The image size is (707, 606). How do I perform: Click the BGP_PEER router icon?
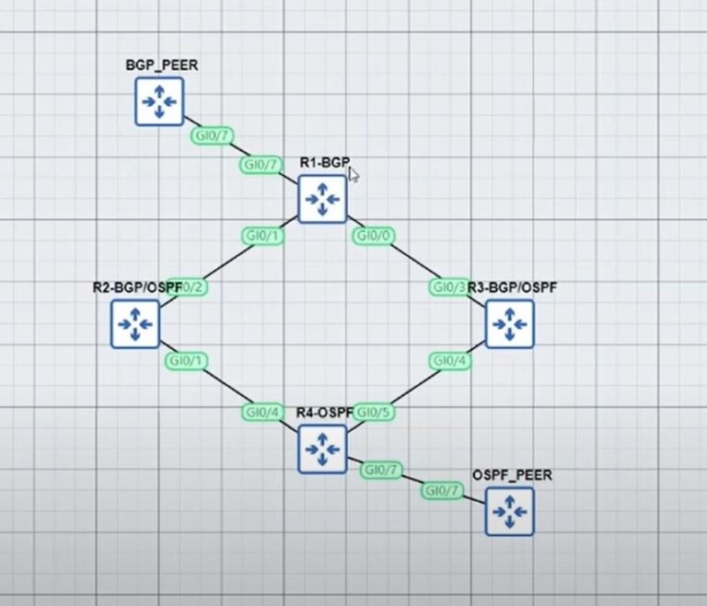[x=160, y=100]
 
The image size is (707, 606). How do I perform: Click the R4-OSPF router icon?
[x=322, y=449]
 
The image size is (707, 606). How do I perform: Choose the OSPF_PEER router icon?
[x=509, y=511]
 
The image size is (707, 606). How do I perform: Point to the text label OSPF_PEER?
[x=512, y=475]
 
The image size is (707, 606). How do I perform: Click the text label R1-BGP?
[x=324, y=163]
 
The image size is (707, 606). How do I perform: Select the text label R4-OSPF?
[x=324, y=412]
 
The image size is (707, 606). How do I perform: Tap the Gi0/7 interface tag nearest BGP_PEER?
[x=210, y=135]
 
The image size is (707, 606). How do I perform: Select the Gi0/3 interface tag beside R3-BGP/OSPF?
[x=449, y=288]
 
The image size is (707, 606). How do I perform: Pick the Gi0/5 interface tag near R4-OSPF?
[x=374, y=412]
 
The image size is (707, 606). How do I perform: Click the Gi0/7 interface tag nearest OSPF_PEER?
[x=441, y=491]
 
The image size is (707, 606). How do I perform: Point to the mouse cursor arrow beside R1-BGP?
[x=353, y=175]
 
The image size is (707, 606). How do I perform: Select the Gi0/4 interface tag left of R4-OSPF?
[x=261, y=412]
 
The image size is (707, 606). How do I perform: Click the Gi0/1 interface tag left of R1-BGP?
[x=262, y=235]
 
